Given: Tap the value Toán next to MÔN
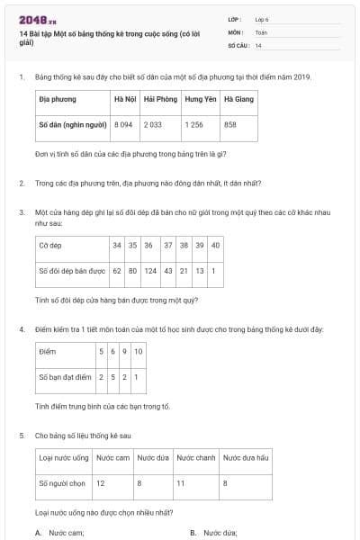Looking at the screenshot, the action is click(261, 31).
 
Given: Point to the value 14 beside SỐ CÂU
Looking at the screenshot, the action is click(258, 44).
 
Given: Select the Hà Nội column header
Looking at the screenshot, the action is click(123, 99).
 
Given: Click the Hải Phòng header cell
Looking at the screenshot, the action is click(160, 99).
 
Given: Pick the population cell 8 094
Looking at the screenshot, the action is click(123, 125).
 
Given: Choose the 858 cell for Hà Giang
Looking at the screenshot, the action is click(230, 125).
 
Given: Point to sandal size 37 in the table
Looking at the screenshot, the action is click(168, 245).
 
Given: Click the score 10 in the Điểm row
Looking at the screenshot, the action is click(138, 351).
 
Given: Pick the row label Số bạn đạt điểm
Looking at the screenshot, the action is click(65, 376).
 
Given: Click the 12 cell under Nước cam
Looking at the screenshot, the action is click(101, 483).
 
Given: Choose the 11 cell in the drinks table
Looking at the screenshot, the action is click(180, 483).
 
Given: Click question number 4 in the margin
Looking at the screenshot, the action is click(22, 329).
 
